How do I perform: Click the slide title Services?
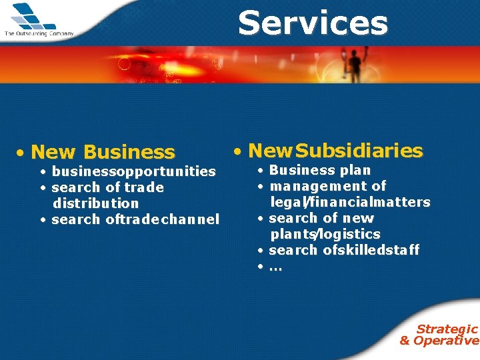pyautogui.click(x=313, y=23)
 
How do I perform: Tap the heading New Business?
pyautogui.click(x=103, y=153)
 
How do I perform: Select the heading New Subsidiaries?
pyautogui.click(x=335, y=151)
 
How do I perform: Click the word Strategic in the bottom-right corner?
pyautogui.click(x=447, y=329)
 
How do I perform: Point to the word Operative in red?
pyautogui.click(x=446, y=341)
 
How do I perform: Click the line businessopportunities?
pyautogui.click(x=133, y=171)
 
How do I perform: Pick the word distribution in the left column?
pyautogui.click(x=95, y=203)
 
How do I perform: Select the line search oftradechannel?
pyautogui.click(x=135, y=219)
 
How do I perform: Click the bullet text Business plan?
pyautogui.click(x=319, y=170)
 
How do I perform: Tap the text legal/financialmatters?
pyautogui.click(x=350, y=202)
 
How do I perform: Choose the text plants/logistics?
pyautogui.click(x=325, y=234)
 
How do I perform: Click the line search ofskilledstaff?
pyautogui.click(x=343, y=250)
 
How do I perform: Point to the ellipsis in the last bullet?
pyautogui.click(x=275, y=267)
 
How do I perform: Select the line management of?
pyautogui.click(x=327, y=186)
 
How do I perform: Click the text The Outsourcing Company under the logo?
pyautogui.click(x=39, y=33)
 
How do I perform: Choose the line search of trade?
pyautogui.click(x=107, y=187)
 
